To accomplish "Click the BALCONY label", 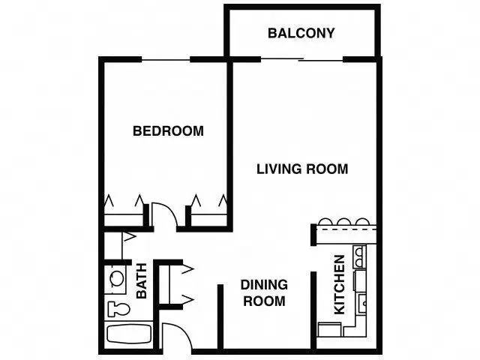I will (301, 34).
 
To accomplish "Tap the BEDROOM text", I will (168, 131).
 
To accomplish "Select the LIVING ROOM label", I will (302, 169).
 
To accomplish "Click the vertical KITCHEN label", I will (339, 284).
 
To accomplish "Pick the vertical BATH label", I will (142, 280).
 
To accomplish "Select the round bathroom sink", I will (115, 277).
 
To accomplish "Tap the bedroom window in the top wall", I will (166, 59).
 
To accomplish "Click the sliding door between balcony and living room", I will (304, 59).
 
